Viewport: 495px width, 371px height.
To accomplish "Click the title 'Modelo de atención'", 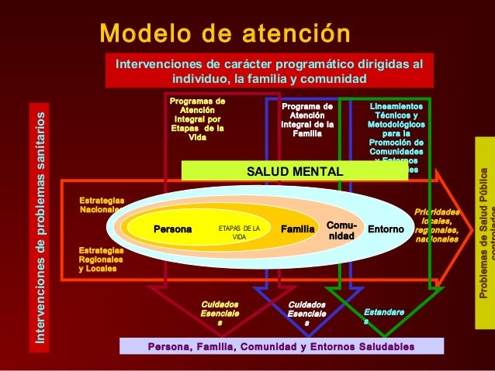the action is (x=225, y=34).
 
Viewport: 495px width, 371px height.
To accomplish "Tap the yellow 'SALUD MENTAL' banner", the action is (x=294, y=171).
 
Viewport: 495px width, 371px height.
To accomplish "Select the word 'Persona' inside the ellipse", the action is (x=172, y=229).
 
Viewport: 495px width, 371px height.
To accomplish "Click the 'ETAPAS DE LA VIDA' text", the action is (x=239, y=232).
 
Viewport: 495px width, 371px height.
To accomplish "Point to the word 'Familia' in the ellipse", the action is (x=297, y=229).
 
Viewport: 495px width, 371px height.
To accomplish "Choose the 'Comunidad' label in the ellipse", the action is (x=341, y=229).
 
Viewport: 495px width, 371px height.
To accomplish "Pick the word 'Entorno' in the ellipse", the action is (x=386, y=230).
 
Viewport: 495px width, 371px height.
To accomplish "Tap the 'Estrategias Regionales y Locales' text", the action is (x=101, y=259).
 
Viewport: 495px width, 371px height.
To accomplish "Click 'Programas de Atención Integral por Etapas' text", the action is (x=198, y=119).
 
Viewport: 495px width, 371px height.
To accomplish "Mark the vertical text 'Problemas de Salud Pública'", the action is (x=483, y=232).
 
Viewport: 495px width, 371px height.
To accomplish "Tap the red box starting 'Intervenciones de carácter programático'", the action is (x=270, y=70).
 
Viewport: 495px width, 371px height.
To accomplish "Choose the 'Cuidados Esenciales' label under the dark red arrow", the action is (x=220, y=314).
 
